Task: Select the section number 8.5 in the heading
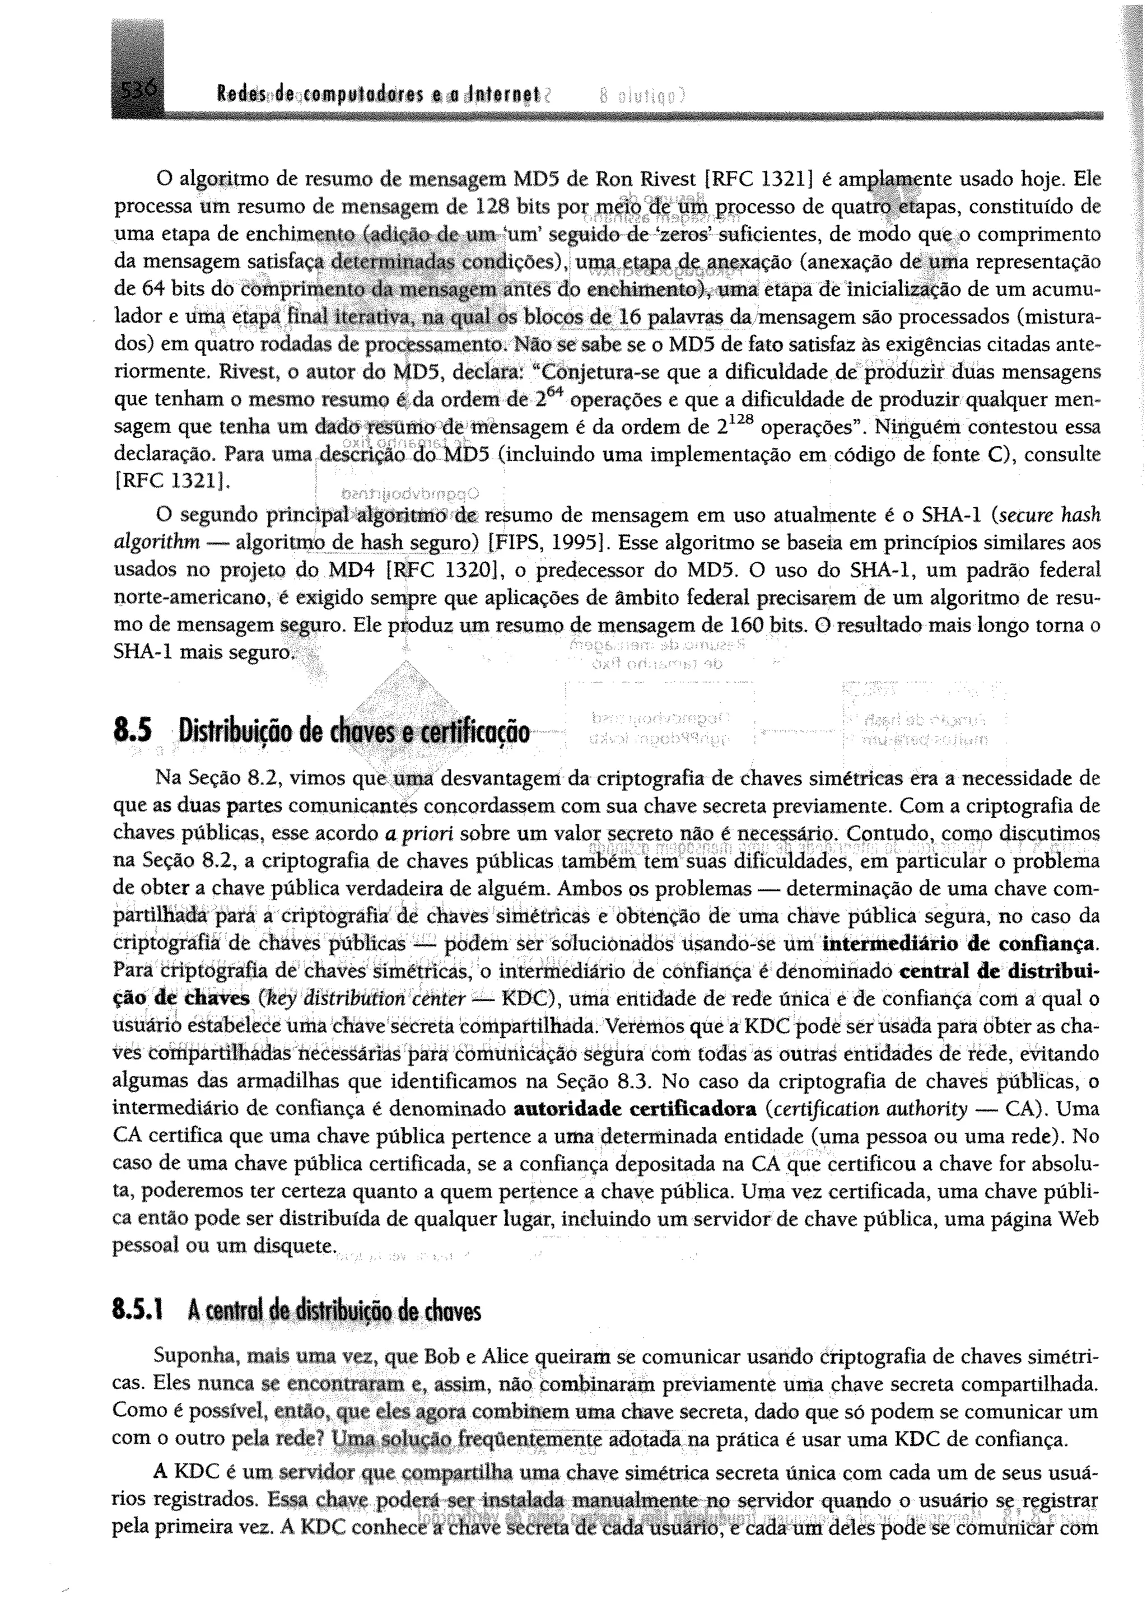tap(132, 731)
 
